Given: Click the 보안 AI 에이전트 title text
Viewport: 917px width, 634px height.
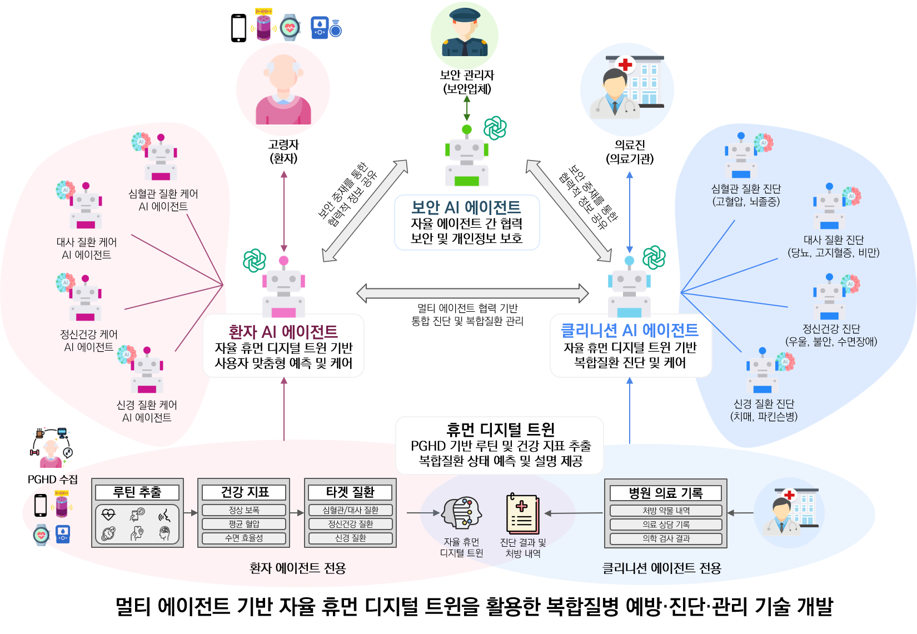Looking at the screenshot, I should (x=466, y=207).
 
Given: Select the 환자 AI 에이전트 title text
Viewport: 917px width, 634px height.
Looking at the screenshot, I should (x=283, y=332).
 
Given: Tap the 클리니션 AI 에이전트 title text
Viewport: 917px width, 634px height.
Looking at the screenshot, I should (x=629, y=330).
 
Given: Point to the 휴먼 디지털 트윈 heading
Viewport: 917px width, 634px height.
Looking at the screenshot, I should (x=500, y=430).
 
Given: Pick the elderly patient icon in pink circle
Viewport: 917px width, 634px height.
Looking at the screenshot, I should (x=283, y=90).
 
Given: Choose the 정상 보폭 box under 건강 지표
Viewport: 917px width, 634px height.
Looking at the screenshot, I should (x=244, y=510).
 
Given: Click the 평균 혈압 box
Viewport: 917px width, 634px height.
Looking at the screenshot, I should (x=244, y=524).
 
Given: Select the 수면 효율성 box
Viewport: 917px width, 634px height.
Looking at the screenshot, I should (x=244, y=538).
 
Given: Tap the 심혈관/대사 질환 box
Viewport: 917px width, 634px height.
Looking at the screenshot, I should (x=350, y=510).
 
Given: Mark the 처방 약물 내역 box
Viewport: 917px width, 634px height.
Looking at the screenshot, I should (x=666, y=511).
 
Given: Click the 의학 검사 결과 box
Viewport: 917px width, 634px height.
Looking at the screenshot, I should (x=666, y=538).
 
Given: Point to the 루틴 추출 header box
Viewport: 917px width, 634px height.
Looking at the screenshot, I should (x=137, y=492).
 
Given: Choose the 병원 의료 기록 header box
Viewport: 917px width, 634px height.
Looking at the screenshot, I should (x=666, y=493).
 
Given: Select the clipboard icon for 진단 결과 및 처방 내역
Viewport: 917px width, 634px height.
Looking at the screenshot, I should (x=522, y=514).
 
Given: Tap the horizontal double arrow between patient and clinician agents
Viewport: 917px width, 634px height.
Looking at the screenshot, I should (x=472, y=293).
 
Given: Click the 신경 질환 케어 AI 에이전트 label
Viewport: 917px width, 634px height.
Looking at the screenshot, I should (x=147, y=411).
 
